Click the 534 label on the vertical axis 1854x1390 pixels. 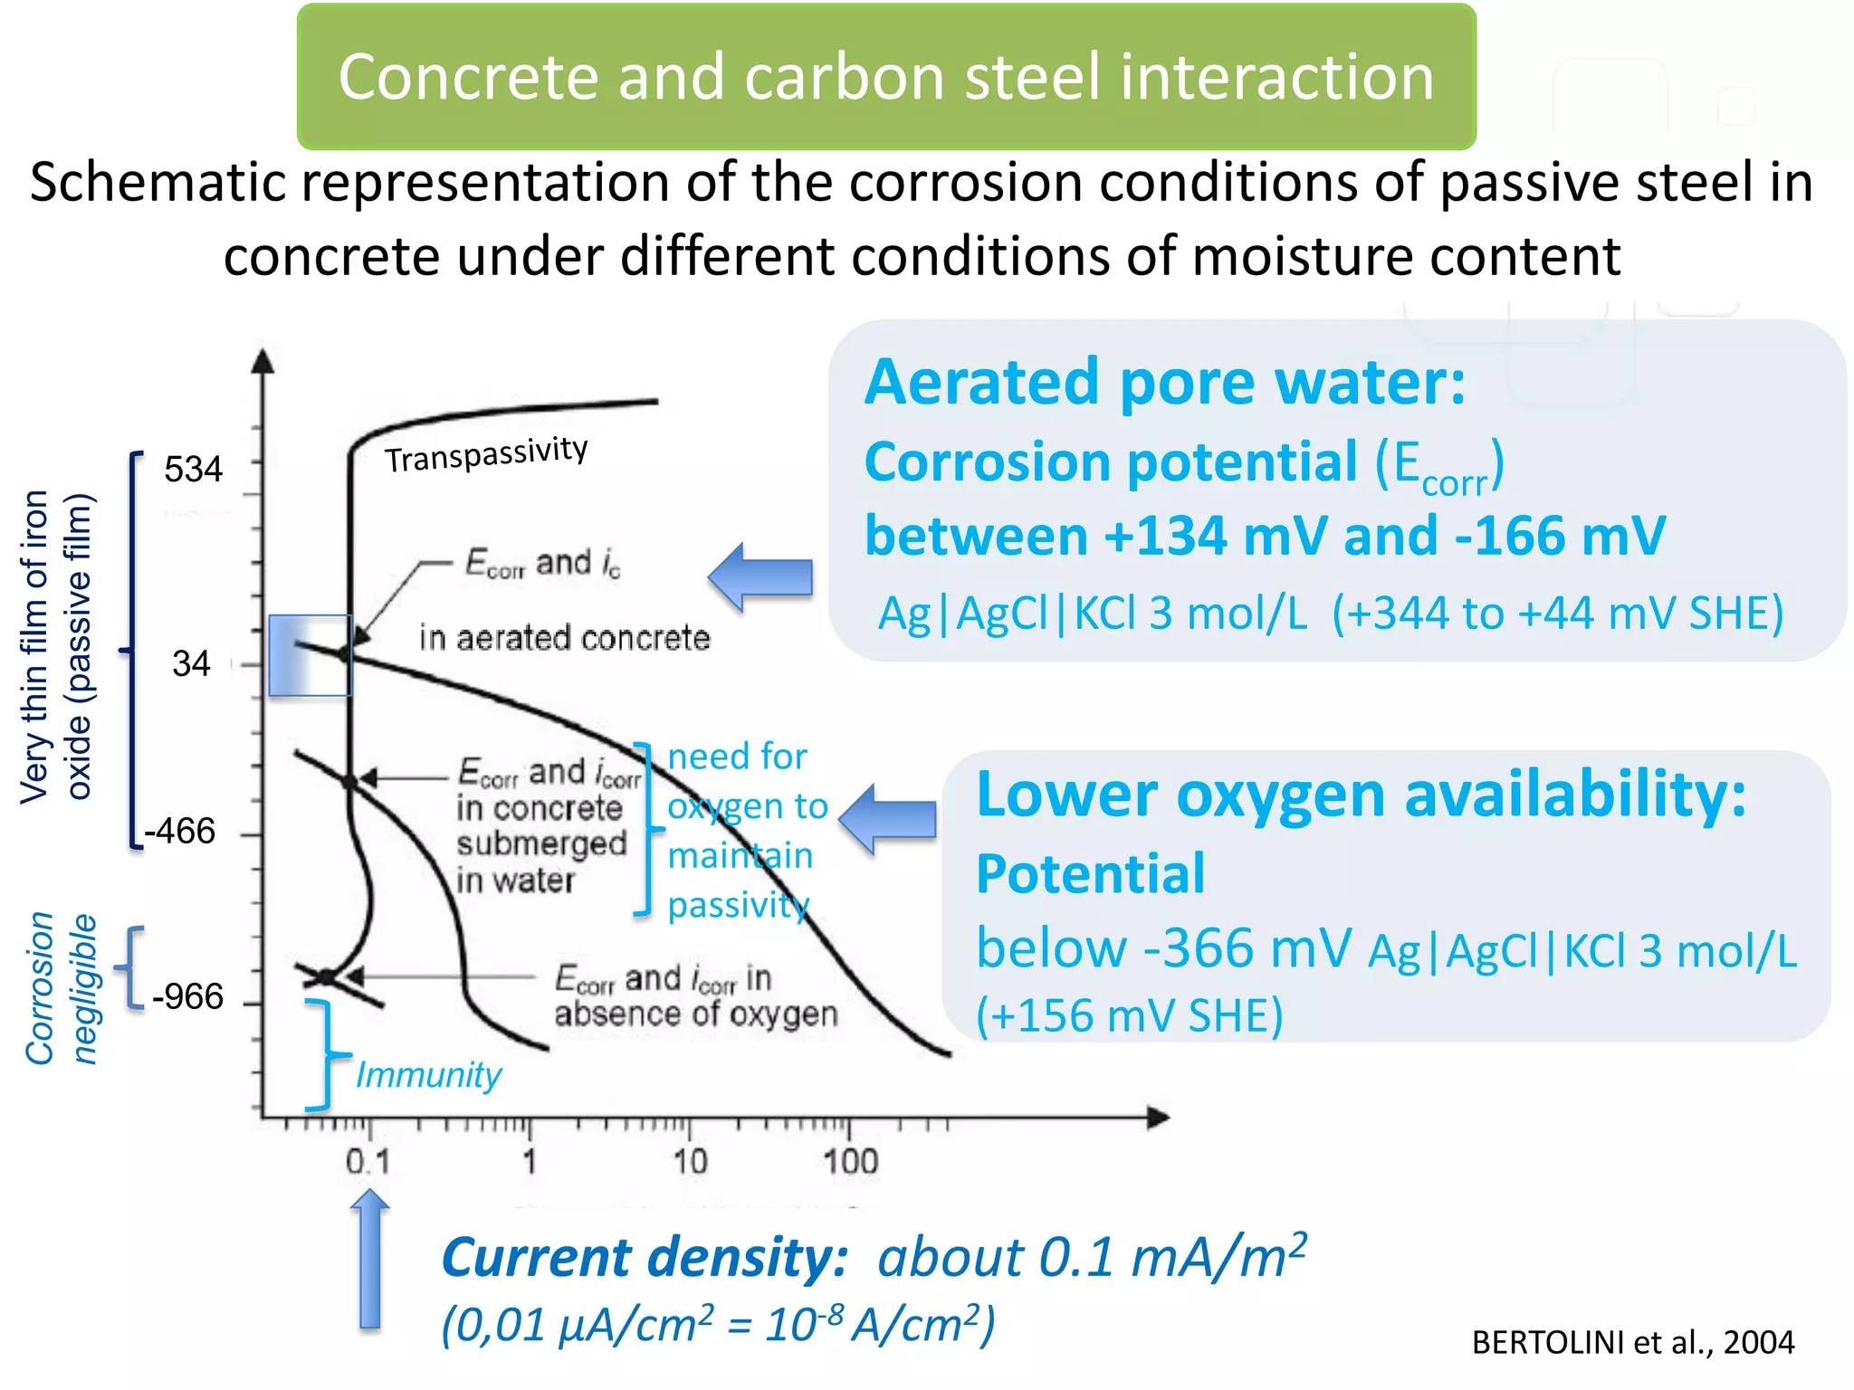193,470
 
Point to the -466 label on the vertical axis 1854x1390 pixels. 181,832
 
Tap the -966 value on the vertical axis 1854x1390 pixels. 187,997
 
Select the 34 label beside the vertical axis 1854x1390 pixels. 191,664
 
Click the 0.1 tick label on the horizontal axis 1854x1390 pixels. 368,1162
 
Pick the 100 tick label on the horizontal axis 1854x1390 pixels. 850,1162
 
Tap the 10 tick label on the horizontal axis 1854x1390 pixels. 690,1162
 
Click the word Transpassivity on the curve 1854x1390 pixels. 486,454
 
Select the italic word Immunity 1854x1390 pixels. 428,1075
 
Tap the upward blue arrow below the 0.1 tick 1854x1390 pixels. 369,1258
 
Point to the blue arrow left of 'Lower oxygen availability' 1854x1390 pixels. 888,819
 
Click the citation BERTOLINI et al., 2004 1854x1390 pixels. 1632,1342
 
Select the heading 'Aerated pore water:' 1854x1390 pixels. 1165,383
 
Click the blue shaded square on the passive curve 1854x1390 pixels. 310,655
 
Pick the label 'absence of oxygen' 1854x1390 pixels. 695,1014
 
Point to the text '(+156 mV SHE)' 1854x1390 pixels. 1130,1015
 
